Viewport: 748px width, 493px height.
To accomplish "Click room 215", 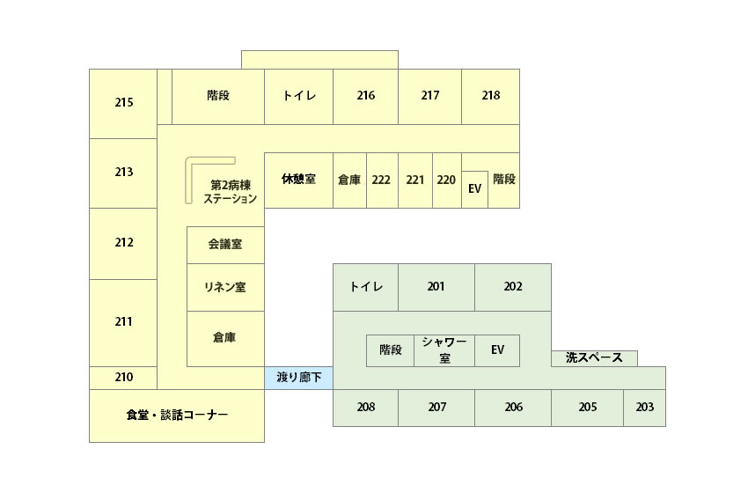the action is [123, 104].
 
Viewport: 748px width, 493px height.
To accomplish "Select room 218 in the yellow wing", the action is [490, 97].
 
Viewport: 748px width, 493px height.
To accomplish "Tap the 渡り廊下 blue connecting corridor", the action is [298, 378].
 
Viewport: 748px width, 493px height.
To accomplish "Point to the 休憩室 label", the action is [298, 179].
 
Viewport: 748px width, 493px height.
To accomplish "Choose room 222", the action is [382, 180].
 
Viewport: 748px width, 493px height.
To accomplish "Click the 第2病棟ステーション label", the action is [231, 192].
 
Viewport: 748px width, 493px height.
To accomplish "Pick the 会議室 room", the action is [225, 245].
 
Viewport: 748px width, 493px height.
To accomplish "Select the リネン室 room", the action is [225, 287].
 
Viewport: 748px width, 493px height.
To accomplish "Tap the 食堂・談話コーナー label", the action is [177, 415].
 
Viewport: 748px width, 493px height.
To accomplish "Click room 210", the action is [123, 378].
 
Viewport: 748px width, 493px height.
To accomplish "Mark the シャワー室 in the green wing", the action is [444, 350].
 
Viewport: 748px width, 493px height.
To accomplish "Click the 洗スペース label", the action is [594, 357].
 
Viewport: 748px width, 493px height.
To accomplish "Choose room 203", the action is [644, 408].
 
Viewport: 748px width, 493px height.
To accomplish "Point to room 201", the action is [436, 287].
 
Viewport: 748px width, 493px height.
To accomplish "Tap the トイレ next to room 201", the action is [365, 287].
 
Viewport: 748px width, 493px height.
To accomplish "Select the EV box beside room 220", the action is [474, 189].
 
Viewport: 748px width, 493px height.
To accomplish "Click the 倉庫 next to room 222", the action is [349, 180].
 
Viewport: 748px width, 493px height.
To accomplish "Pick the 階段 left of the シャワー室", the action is [390, 350].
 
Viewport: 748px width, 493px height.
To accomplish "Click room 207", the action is [436, 408].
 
